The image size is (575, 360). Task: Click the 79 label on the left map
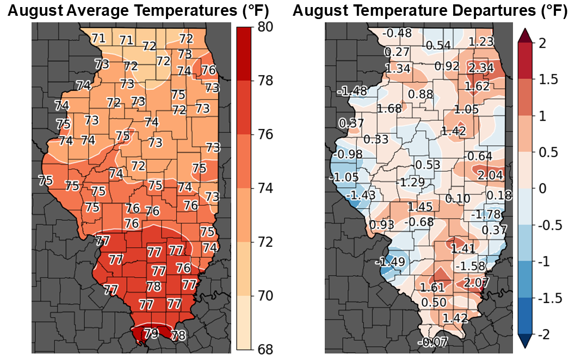point(151,332)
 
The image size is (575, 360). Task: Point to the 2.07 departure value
point(477,282)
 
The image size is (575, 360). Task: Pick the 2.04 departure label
point(490,176)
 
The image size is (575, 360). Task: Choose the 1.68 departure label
point(389,108)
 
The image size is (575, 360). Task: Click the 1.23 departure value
point(480,42)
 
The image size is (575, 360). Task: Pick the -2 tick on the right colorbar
point(549,334)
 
